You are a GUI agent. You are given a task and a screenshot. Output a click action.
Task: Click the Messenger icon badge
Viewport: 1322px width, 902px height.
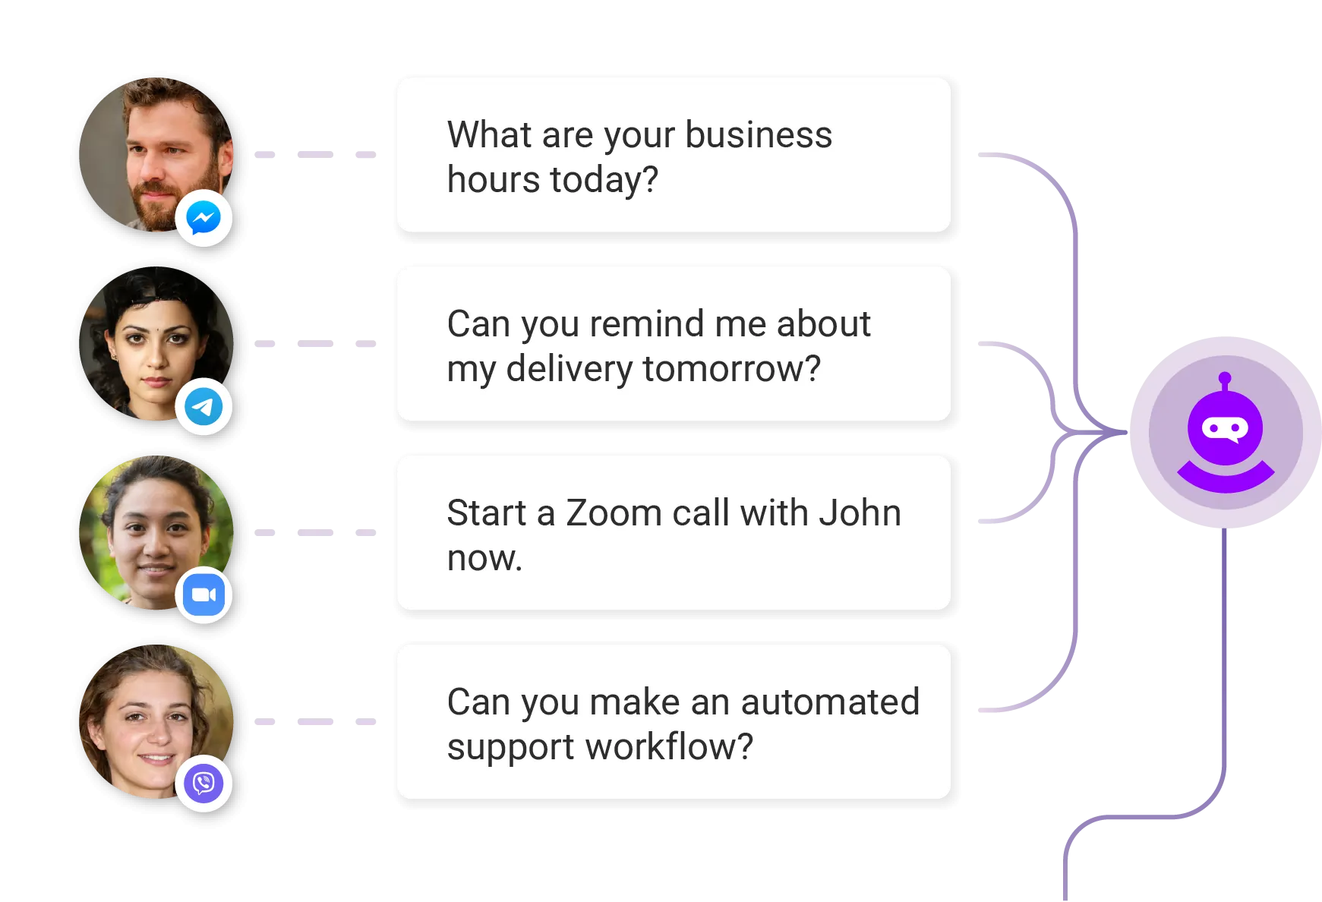(204, 219)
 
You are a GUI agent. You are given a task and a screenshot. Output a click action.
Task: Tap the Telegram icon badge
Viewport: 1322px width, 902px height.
(204, 407)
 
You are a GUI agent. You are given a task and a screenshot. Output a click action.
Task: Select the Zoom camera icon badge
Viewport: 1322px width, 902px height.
(204, 595)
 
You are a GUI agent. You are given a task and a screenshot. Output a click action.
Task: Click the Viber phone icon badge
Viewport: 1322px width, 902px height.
(204, 784)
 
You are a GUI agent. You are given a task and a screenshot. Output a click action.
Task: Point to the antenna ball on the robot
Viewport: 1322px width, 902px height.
(1225, 377)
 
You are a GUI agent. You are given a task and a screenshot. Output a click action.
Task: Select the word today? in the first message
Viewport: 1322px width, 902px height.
(604, 181)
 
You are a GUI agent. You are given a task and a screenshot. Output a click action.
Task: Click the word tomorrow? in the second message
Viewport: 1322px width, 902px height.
(731, 370)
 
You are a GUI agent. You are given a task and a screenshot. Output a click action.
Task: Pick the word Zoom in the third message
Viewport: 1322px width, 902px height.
(614, 513)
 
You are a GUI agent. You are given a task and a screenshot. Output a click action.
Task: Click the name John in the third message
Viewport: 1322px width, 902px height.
(860, 513)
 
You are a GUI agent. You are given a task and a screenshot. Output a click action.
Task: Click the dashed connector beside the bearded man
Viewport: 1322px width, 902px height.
(314, 154)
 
